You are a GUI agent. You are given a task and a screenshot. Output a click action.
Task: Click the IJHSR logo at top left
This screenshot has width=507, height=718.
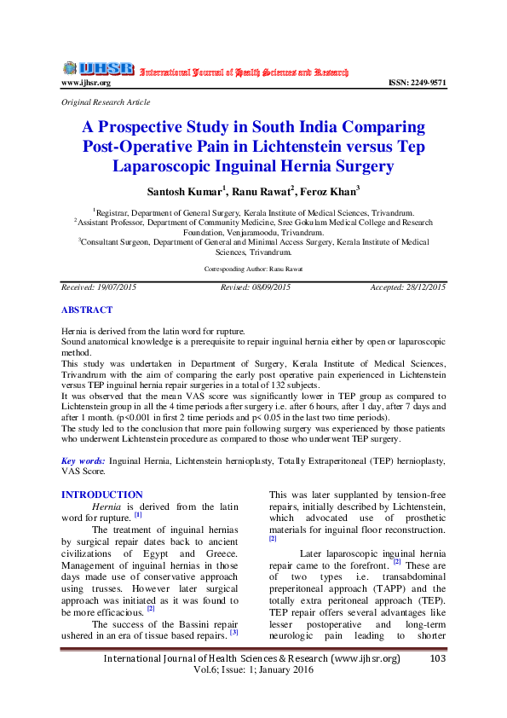[98, 68]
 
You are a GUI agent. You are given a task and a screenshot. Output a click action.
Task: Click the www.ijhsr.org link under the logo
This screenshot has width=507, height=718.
[86, 83]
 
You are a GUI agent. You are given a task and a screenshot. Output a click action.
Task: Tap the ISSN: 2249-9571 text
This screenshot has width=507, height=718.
[417, 83]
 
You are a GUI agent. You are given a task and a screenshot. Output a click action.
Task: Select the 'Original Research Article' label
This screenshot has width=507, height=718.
[106, 102]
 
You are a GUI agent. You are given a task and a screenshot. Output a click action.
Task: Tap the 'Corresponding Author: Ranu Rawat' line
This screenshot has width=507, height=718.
[254, 269]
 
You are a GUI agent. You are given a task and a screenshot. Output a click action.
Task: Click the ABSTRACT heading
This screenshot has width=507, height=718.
[87, 310]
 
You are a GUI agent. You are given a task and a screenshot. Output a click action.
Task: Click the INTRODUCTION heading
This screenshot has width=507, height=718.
[102, 495]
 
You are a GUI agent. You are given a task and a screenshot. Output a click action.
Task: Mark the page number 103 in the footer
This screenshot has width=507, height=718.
[438, 658]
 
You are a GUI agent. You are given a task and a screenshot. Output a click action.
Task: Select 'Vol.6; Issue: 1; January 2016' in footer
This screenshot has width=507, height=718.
[253, 670]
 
